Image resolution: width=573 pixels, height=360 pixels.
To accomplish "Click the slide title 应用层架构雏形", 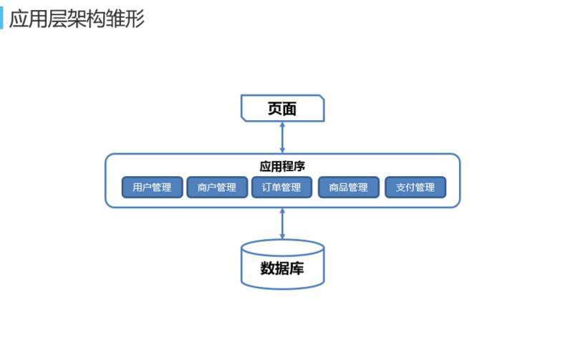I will tap(77, 19).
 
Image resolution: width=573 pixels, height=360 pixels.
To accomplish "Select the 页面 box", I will tap(282, 109).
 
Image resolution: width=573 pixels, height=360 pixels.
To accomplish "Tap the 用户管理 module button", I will tap(152, 188).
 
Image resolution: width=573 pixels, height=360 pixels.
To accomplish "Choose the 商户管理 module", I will tap(216, 188).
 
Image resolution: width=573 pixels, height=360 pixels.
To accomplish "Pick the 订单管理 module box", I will tap(281, 188).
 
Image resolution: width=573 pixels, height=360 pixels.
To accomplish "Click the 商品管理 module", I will tap(348, 188).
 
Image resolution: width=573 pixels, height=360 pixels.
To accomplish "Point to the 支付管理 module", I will tap(415, 188).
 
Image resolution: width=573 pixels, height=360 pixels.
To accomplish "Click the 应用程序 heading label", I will tap(282, 166).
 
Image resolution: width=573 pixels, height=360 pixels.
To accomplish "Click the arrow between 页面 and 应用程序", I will tap(282, 137).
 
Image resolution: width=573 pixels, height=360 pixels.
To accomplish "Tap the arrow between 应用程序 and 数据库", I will tap(282, 223).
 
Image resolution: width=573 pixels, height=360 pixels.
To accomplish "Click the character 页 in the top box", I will tap(275, 109).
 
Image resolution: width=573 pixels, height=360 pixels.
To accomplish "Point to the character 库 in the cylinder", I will tap(297, 269).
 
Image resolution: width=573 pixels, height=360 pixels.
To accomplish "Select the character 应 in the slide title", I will tap(19, 19).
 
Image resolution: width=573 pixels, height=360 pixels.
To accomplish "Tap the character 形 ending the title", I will tap(135, 19).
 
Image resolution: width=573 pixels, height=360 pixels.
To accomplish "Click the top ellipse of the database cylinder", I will tap(282, 248).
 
